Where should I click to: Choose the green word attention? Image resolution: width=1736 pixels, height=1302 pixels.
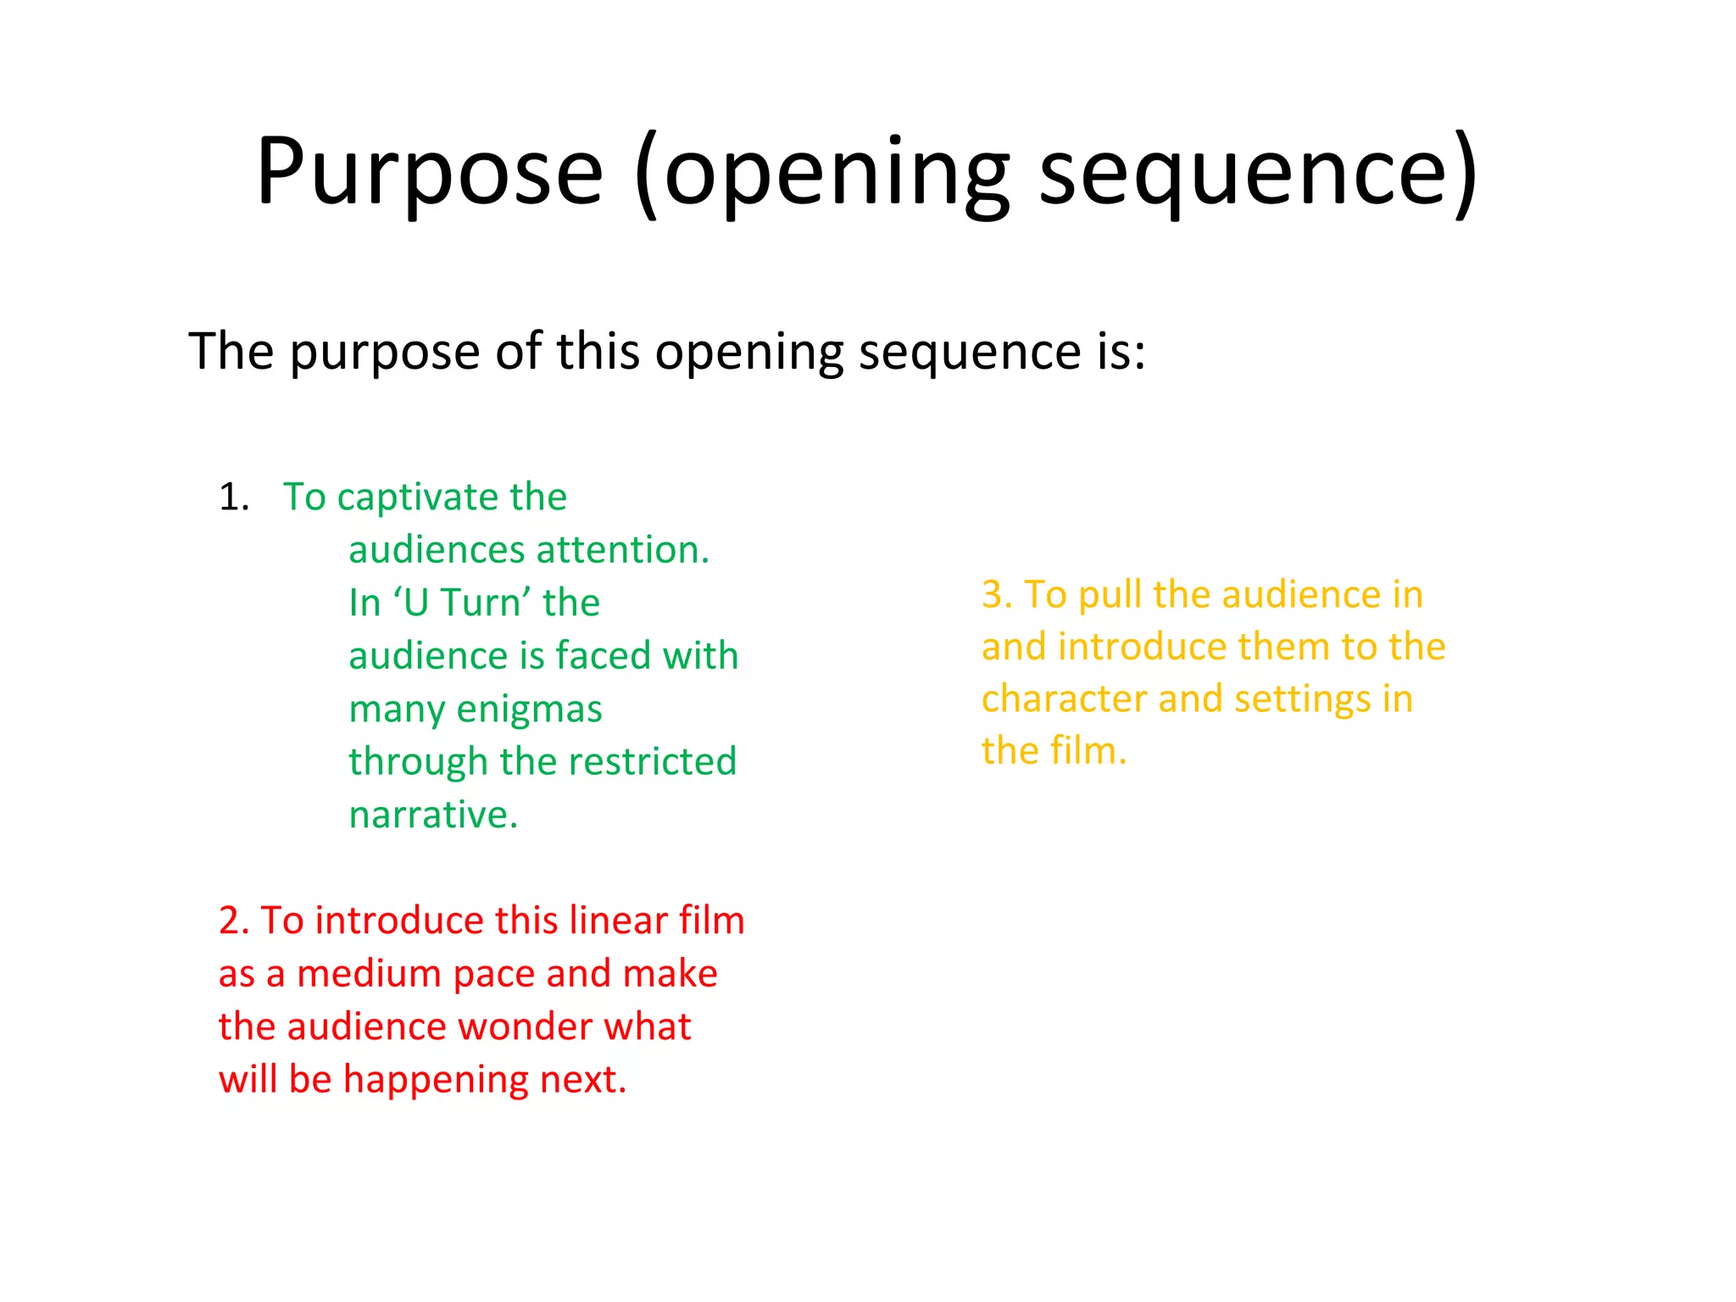click(x=626, y=550)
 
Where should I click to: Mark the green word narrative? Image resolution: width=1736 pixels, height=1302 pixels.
click(x=433, y=815)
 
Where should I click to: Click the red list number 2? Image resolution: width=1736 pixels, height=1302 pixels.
click(x=233, y=921)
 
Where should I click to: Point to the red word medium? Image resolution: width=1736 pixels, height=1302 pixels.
click(x=370, y=974)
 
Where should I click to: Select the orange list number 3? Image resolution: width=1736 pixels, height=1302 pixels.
click(x=997, y=595)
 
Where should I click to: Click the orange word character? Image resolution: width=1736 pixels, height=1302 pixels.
click(x=1065, y=699)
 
